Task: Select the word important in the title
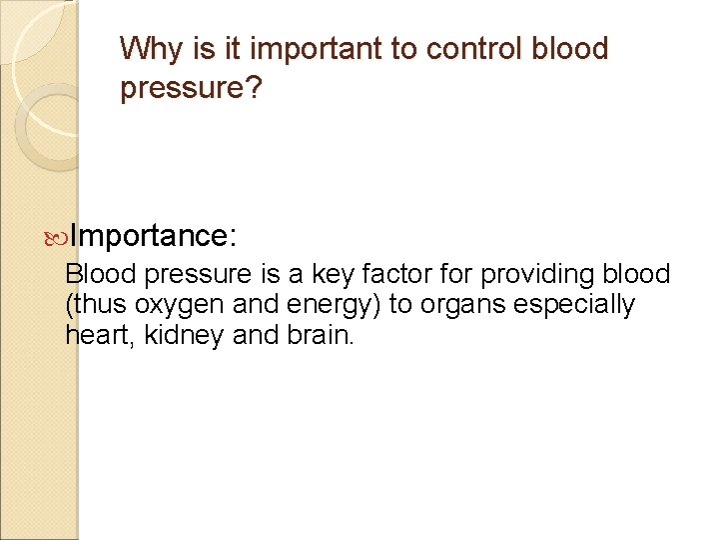(x=297, y=49)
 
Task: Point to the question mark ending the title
(x=254, y=90)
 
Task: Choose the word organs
(x=461, y=305)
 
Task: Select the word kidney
(x=184, y=335)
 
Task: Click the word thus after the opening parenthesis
(x=96, y=305)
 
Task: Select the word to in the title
(x=385, y=49)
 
